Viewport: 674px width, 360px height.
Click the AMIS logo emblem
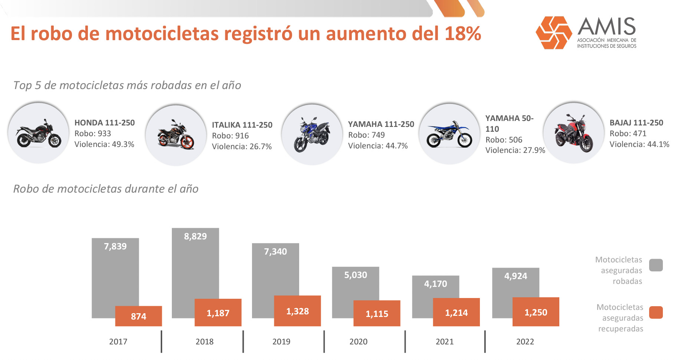[x=554, y=33]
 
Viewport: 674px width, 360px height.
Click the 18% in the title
[x=462, y=34]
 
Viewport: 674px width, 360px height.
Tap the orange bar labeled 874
[x=138, y=316]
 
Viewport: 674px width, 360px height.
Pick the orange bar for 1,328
[x=297, y=311]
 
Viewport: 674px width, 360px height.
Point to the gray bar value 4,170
[x=435, y=284]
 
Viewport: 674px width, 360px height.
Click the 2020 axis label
[x=358, y=341]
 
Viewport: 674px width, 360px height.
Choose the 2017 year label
[x=118, y=341]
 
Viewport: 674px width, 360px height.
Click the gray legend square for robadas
[x=656, y=265]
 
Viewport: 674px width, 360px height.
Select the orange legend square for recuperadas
[x=656, y=312]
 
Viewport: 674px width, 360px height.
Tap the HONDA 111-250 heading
[x=105, y=123]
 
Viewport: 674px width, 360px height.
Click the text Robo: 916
[x=230, y=136]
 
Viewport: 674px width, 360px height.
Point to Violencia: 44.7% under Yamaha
[x=378, y=146]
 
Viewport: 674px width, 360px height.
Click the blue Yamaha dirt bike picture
[x=449, y=134]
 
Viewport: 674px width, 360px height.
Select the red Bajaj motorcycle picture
[x=574, y=134]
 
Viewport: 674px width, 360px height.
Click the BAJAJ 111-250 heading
[x=636, y=123]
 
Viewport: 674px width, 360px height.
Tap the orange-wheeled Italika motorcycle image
[x=176, y=135]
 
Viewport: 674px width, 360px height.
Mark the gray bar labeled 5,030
[x=355, y=282]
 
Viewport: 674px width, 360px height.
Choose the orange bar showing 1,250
[x=536, y=312]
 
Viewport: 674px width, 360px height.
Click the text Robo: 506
[x=504, y=140]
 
